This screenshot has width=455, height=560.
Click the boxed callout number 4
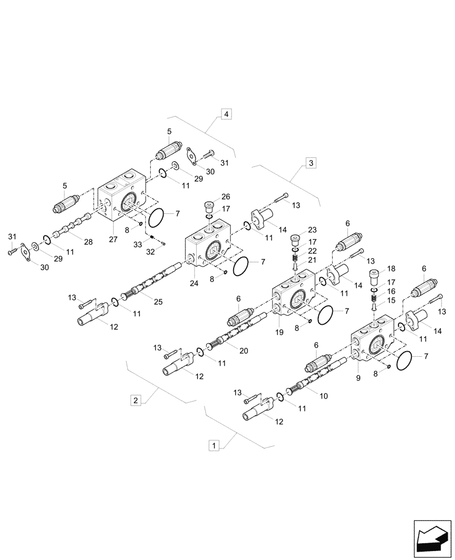(x=226, y=114)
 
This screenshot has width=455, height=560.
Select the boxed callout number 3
(x=311, y=163)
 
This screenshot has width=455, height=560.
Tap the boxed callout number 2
(x=135, y=400)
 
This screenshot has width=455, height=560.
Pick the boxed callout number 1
(x=213, y=445)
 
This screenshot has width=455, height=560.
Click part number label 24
(x=194, y=283)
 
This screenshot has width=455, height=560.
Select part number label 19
(x=280, y=332)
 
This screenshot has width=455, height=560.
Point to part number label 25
(x=158, y=302)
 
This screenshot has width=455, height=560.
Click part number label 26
(x=225, y=197)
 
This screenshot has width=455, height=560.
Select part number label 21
(x=312, y=260)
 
